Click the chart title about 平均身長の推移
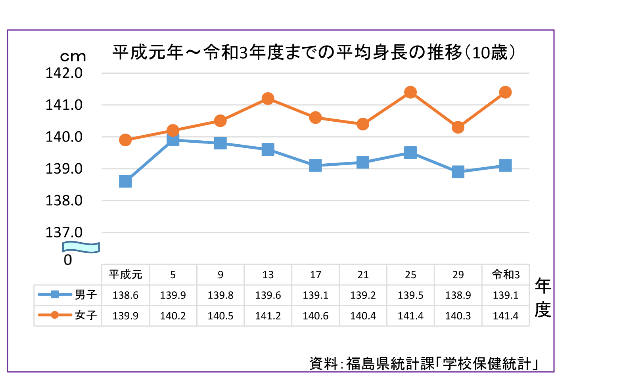314,53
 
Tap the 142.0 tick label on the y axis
64,73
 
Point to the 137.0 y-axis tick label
64,232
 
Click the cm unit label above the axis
73,57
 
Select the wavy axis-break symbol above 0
81,247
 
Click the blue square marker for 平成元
125,182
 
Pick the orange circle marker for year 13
268,99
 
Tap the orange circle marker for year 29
458,127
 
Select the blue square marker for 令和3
505,165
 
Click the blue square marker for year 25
410,153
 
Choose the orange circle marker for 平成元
125,140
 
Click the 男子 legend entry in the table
68,294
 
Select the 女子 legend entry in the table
68,315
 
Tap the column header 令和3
506,274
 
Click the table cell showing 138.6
125,295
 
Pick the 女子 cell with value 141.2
268,316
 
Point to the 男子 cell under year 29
458,295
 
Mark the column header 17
316,275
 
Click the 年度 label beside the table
543,297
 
